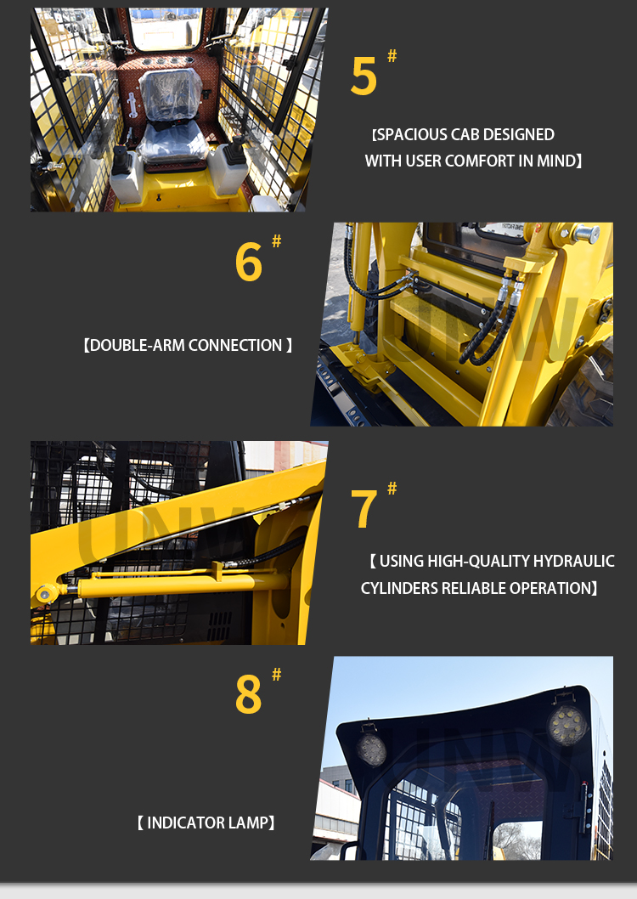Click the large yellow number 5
[x=364, y=76]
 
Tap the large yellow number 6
[x=249, y=262]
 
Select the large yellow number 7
[x=364, y=509]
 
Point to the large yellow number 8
[x=249, y=694]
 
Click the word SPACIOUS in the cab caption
[x=412, y=135]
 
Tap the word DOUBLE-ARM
[x=138, y=345]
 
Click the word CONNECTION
[x=235, y=345]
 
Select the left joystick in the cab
[x=121, y=160]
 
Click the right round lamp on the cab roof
[x=567, y=726]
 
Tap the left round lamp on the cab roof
[x=371, y=749]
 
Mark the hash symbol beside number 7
[x=392, y=488]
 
